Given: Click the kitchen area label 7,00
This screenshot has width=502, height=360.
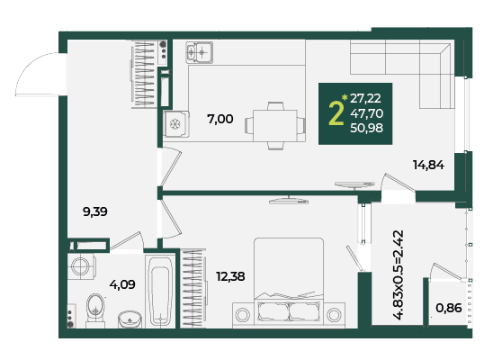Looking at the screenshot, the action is point(220,119).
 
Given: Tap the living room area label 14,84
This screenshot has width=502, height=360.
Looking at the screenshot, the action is point(428,165).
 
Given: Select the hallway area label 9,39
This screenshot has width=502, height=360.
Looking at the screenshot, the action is point(95,211).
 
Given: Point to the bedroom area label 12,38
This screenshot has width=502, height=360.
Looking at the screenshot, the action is point(230,276).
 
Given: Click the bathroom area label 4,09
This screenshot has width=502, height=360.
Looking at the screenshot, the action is point(122,284).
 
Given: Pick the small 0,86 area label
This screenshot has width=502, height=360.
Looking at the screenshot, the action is point(449,308).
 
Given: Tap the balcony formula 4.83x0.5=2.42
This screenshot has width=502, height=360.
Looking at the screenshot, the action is point(399,274).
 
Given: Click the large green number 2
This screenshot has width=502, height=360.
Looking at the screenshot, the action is point(336,113).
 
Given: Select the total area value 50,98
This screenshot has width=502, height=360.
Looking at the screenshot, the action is point(366,128).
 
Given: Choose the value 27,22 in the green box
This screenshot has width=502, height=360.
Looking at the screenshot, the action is point(365,98).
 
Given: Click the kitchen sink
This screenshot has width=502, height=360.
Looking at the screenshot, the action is point(199,52).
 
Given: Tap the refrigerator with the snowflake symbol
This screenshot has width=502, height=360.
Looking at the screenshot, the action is point(175,124).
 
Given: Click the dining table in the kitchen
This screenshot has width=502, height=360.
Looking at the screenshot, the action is point(275,126).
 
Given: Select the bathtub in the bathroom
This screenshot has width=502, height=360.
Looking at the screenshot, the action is point(160,291).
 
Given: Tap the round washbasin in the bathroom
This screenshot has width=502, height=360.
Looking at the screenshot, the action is point(130,319).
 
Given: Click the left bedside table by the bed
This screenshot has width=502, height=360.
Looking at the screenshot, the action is point(243,315).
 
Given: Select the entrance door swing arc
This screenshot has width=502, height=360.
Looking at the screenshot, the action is point(31,69).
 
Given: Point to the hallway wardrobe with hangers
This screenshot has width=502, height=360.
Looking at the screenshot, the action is point(144,75).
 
